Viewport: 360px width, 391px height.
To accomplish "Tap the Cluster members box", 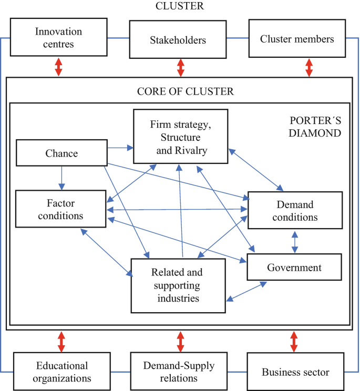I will click(296, 39).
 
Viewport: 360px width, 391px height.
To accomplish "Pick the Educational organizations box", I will click(62, 372).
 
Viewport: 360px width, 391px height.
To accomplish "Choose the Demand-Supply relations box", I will click(180, 371).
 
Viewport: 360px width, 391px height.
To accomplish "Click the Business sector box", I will click(295, 372).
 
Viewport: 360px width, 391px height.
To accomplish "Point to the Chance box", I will click(61, 153).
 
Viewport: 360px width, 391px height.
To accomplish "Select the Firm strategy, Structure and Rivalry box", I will click(180, 137).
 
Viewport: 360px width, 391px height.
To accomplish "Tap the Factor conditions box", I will click(61, 209).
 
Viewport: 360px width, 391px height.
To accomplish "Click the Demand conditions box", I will click(295, 210).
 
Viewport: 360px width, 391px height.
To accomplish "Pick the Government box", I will click(294, 267).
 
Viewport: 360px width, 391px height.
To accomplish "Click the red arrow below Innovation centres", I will click(58, 67).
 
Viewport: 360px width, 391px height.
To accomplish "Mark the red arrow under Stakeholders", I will click(181, 67).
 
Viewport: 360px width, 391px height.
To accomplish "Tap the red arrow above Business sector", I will click(294, 342).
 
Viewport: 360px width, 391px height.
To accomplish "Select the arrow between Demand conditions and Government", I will click(294, 242).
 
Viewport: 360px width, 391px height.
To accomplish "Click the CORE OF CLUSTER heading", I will click(185, 91).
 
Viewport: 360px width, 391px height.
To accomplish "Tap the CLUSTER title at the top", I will click(180, 6).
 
